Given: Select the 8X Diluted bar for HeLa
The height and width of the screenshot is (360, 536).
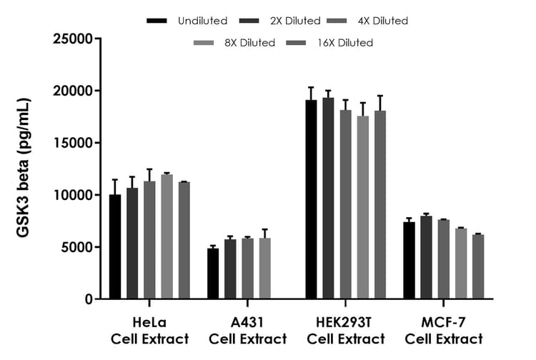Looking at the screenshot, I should [x=167, y=236].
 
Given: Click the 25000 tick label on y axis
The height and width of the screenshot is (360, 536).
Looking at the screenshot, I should [x=73, y=39].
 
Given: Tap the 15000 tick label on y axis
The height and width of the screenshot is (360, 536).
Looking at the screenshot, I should [x=73, y=143].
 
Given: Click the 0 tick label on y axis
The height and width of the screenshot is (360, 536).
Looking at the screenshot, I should [x=89, y=299].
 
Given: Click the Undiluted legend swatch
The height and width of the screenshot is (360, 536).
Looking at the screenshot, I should [x=157, y=21].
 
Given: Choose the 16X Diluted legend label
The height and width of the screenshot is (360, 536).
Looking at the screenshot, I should [x=344, y=43].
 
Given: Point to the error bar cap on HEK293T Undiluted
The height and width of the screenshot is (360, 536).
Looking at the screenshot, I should [x=311, y=87].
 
